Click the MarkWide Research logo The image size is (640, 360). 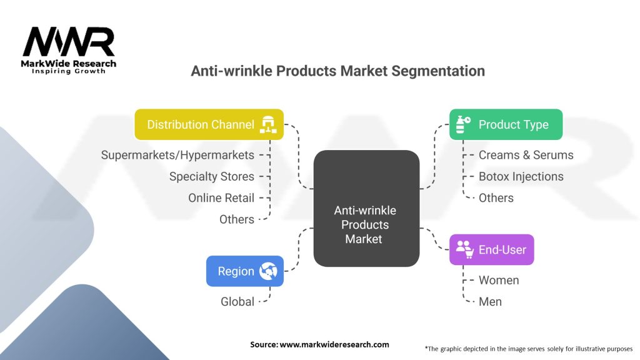69,50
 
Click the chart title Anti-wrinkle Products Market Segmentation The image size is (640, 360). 337,71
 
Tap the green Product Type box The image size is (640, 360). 506,124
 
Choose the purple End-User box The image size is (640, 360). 492,250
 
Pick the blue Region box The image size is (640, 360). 244,271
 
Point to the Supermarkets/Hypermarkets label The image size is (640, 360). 177,155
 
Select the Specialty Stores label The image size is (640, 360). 211,177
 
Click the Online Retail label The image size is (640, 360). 221,198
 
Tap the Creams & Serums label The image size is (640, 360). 526,155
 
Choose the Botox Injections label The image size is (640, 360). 521,177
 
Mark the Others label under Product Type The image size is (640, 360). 496,198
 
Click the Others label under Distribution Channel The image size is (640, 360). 236,219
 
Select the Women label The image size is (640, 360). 498,280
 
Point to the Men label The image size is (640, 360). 490,302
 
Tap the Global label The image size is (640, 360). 237,302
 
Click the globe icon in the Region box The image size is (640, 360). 268,271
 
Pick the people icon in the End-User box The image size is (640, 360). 464,249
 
